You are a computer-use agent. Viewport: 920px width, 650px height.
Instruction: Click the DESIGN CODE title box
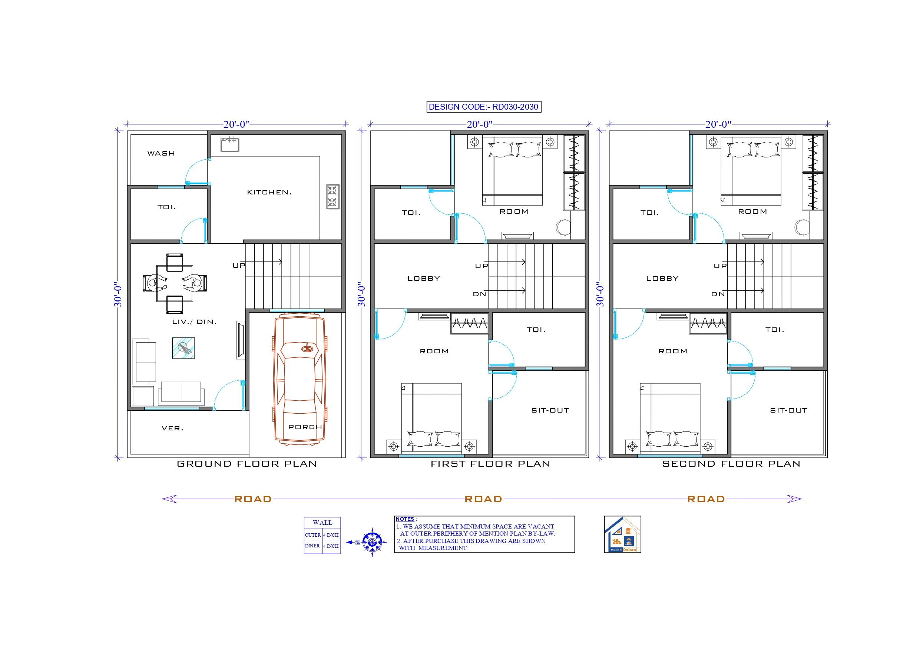click(484, 107)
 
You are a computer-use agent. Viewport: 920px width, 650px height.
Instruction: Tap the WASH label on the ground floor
click(161, 153)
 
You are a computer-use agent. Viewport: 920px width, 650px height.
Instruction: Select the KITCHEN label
click(269, 192)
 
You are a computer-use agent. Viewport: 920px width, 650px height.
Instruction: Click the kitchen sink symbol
click(230, 144)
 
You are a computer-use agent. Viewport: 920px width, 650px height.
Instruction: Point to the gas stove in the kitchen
click(332, 197)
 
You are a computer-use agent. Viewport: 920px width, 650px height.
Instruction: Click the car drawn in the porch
click(300, 379)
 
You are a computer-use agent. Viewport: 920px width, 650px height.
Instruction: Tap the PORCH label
click(305, 427)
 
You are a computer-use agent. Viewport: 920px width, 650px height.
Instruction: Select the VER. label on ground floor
click(172, 428)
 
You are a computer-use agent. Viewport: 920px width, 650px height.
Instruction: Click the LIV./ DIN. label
click(194, 322)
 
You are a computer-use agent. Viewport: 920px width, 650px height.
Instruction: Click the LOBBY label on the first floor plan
click(424, 279)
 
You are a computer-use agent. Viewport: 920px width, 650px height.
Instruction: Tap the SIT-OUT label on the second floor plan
click(788, 410)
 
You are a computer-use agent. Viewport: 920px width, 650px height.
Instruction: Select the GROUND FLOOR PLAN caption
click(247, 464)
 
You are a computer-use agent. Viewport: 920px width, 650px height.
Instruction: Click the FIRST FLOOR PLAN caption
click(490, 464)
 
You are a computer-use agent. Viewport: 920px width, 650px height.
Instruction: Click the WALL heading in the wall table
click(322, 523)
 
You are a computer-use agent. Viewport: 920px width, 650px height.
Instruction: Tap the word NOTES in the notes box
click(405, 519)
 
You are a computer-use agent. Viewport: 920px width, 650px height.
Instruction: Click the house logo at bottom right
click(622, 534)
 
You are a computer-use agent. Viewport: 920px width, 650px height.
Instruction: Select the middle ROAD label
click(483, 499)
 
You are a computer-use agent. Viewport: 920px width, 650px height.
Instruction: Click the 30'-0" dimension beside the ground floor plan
click(118, 294)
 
